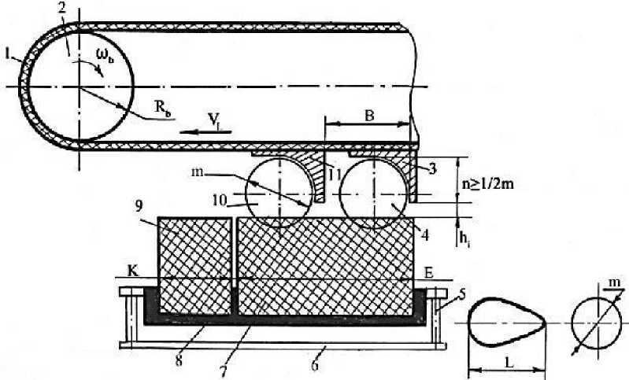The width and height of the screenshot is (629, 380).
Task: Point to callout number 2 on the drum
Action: tap(61, 9)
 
